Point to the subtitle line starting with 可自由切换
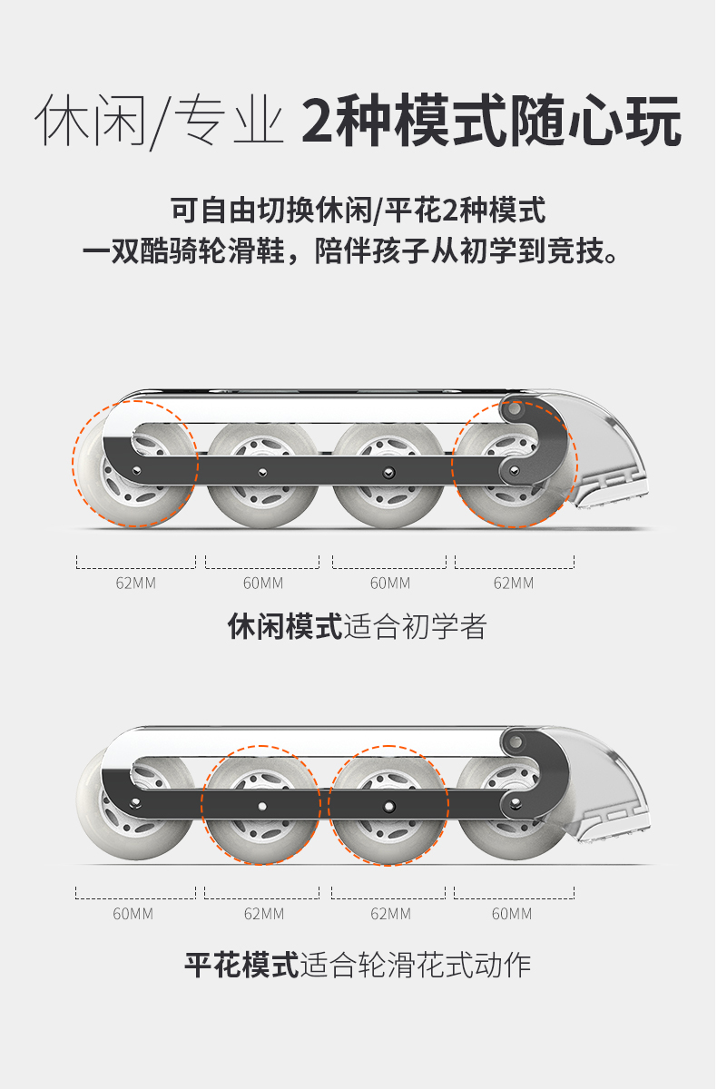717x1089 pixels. click(x=358, y=211)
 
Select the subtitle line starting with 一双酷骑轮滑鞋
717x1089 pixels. click(x=358, y=250)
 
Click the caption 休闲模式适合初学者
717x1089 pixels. click(x=358, y=627)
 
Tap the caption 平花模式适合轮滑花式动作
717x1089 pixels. click(x=358, y=964)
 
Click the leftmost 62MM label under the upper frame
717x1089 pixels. click(x=136, y=583)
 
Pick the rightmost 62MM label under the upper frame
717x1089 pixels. click(x=514, y=583)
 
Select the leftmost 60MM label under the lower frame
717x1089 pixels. click(x=133, y=914)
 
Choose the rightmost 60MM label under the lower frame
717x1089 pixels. click(x=512, y=914)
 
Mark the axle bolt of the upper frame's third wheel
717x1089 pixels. click(x=388, y=472)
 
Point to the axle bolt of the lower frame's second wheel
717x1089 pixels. click(x=262, y=805)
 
